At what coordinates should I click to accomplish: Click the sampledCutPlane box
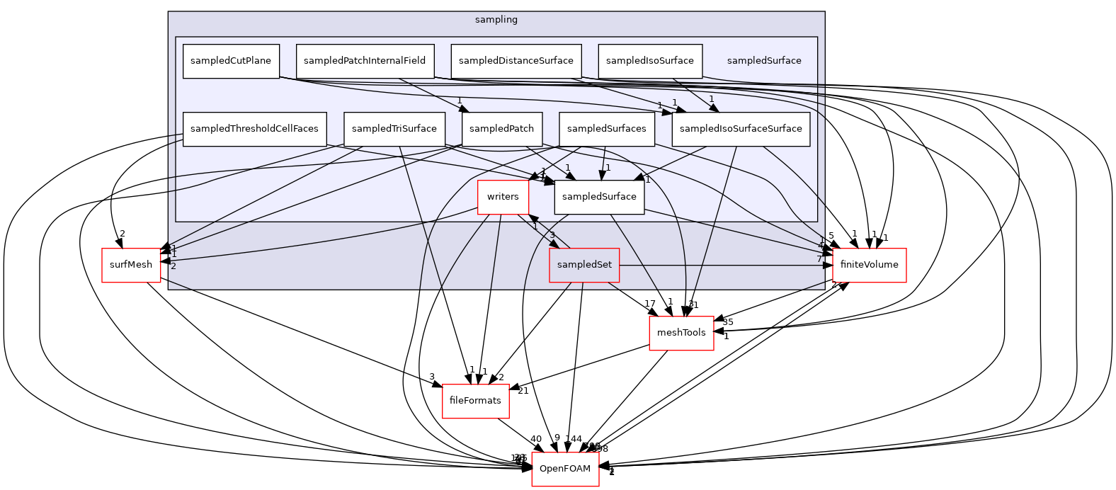click(231, 61)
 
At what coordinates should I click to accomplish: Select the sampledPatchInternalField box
click(365, 61)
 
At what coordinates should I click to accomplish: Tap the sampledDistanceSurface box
click(516, 61)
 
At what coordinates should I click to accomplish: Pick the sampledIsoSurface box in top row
click(650, 61)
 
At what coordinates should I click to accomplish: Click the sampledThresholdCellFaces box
click(254, 129)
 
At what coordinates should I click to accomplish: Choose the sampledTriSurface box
click(394, 129)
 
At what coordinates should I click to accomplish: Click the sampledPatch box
click(502, 129)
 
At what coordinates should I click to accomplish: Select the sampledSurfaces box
click(606, 129)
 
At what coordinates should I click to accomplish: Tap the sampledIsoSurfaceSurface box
click(741, 129)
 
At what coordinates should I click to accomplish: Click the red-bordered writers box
click(503, 197)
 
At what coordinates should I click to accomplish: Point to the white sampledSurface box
click(599, 197)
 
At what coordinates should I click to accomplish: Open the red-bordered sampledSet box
click(584, 265)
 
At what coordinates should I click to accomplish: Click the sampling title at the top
click(496, 20)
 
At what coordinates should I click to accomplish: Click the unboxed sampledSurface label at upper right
click(764, 61)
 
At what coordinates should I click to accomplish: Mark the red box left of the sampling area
click(131, 266)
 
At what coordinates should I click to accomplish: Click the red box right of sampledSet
click(870, 266)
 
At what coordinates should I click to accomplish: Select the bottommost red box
click(565, 469)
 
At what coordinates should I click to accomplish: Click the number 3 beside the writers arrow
click(552, 235)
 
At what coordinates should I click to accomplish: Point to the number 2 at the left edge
click(173, 266)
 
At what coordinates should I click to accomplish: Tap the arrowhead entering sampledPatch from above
click(465, 109)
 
